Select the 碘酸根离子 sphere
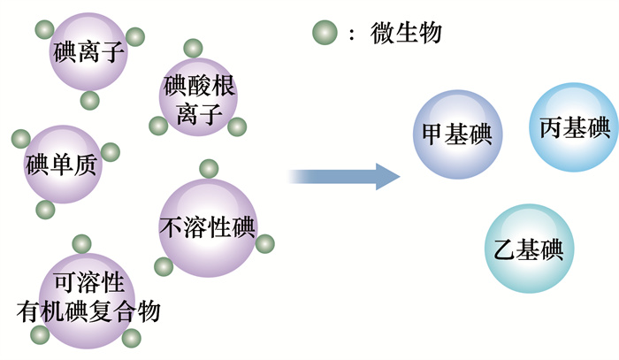tap(198, 99)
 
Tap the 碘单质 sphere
tap(62, 165)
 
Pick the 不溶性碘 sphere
tap(207, 226)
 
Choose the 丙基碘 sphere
tap(574, 127)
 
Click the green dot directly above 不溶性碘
tap(209, 168)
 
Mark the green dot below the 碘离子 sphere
tap(89, 100)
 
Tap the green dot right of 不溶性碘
tap(264, 243)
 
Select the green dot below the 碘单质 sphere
tap(45, 210)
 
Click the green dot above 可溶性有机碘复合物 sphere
tap(81, 242)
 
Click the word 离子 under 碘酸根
tap(198, 112)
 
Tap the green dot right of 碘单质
tap(110, 151)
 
